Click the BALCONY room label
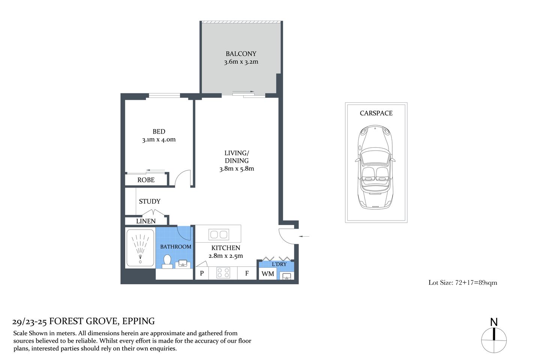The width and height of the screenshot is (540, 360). [241, 54]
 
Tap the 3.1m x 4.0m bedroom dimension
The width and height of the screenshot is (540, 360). [159, 139]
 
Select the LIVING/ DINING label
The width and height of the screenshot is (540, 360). [237, 157]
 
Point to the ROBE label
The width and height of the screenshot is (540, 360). [146, 180]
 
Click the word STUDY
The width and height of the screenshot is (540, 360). [150, 201]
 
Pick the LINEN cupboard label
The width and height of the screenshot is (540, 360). [145, 221]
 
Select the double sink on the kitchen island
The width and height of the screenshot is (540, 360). [219, 235]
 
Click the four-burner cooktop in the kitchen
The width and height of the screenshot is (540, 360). [223, 273]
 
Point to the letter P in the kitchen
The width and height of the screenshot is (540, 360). [202, 273]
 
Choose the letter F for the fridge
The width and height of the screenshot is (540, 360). [247, 273]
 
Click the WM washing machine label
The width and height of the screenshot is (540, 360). [268, 274]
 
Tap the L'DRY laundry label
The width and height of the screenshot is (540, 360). [279, 264]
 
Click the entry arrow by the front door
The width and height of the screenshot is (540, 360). [304, 236]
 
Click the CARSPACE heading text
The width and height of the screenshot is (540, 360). [376, 113]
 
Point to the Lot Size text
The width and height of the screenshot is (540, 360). [463, 283]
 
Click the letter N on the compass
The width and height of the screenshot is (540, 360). [494, 322]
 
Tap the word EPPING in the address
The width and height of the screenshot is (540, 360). [138, 321]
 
